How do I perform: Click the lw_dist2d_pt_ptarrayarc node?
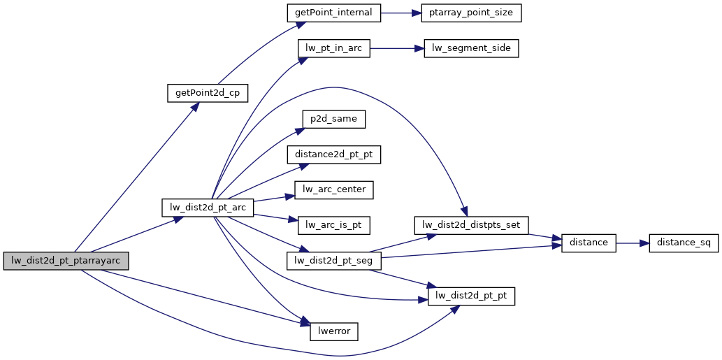[66, 261]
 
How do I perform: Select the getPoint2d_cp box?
[208, 94]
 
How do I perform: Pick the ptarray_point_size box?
[471, 13]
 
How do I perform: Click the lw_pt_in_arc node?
[333, 49]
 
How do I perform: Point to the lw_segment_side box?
[471, 49]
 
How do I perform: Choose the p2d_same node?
[333, 119]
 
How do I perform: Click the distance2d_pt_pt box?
[333, 154]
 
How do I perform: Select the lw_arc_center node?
[333, 189]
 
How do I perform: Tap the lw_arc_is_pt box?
[333, 225]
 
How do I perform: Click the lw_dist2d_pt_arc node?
[207, 208]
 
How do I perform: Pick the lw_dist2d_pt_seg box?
[333, 261]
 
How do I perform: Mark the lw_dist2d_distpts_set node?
[471, 225]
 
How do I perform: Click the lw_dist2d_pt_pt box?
[471, 296]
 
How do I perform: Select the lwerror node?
[333, 331]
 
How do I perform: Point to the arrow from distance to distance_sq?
[633, 243]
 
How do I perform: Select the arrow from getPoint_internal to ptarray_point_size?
[399, 13]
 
